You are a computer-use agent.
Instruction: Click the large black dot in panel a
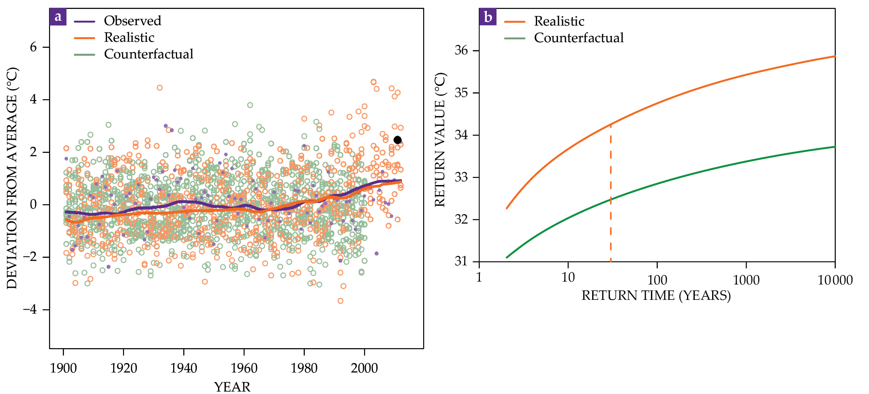[398, 140]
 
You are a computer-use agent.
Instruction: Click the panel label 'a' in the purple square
[58, 17]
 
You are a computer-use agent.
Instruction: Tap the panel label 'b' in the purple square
[488, 17]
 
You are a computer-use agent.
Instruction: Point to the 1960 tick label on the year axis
[244, 368]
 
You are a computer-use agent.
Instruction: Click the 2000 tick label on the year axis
[364, 368]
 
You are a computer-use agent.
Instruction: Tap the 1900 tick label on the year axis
[63, 368]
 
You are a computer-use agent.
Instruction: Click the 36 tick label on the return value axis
[461, 50]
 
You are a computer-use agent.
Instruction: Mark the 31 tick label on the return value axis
[461, 261]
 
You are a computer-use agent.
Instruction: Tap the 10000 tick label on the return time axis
[835, 280]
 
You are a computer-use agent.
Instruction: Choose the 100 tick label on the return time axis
[657, 280]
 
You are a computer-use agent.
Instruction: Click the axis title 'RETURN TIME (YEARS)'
[656, 295]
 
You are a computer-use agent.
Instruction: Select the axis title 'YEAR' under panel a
[232, 387]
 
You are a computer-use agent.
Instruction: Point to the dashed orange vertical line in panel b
[610, 195]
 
